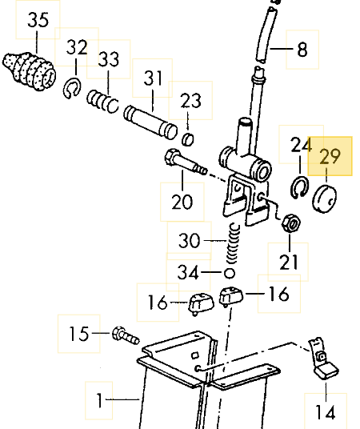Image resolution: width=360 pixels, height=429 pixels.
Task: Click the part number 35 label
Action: coord(38,20)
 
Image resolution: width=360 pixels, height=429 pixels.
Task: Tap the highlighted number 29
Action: coord(330,157)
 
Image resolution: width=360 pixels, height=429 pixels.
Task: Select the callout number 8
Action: coord(302,50)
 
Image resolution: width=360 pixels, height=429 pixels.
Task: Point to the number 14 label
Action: coord(326,412)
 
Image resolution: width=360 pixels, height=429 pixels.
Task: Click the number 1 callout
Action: coord(99,400)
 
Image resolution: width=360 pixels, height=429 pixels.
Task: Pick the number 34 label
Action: coord(188,272)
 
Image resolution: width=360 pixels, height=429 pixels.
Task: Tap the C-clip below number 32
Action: coord(72,87)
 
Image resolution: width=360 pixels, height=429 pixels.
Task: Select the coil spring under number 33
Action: coord(103,101)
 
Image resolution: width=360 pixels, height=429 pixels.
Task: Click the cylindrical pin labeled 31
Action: coord(150,122)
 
